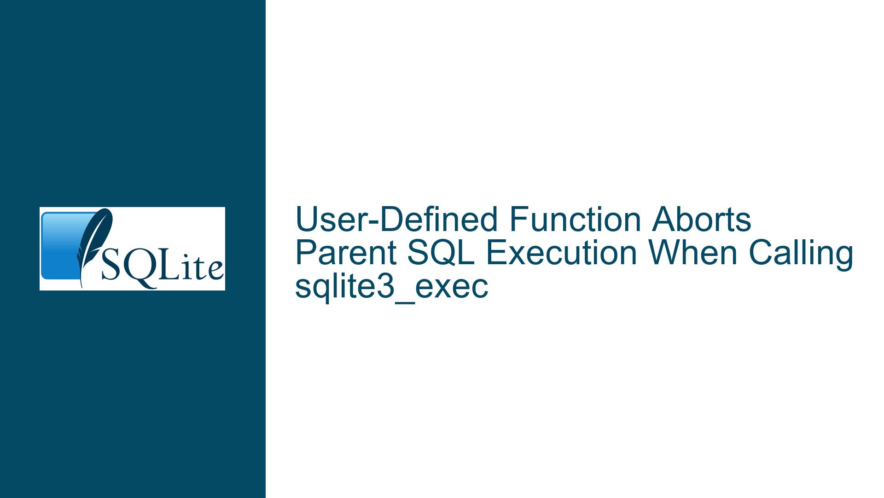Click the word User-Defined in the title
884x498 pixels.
tap(397, 219)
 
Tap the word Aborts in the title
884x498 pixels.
tap(701, 219)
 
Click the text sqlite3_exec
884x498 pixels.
tap(391, 288)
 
